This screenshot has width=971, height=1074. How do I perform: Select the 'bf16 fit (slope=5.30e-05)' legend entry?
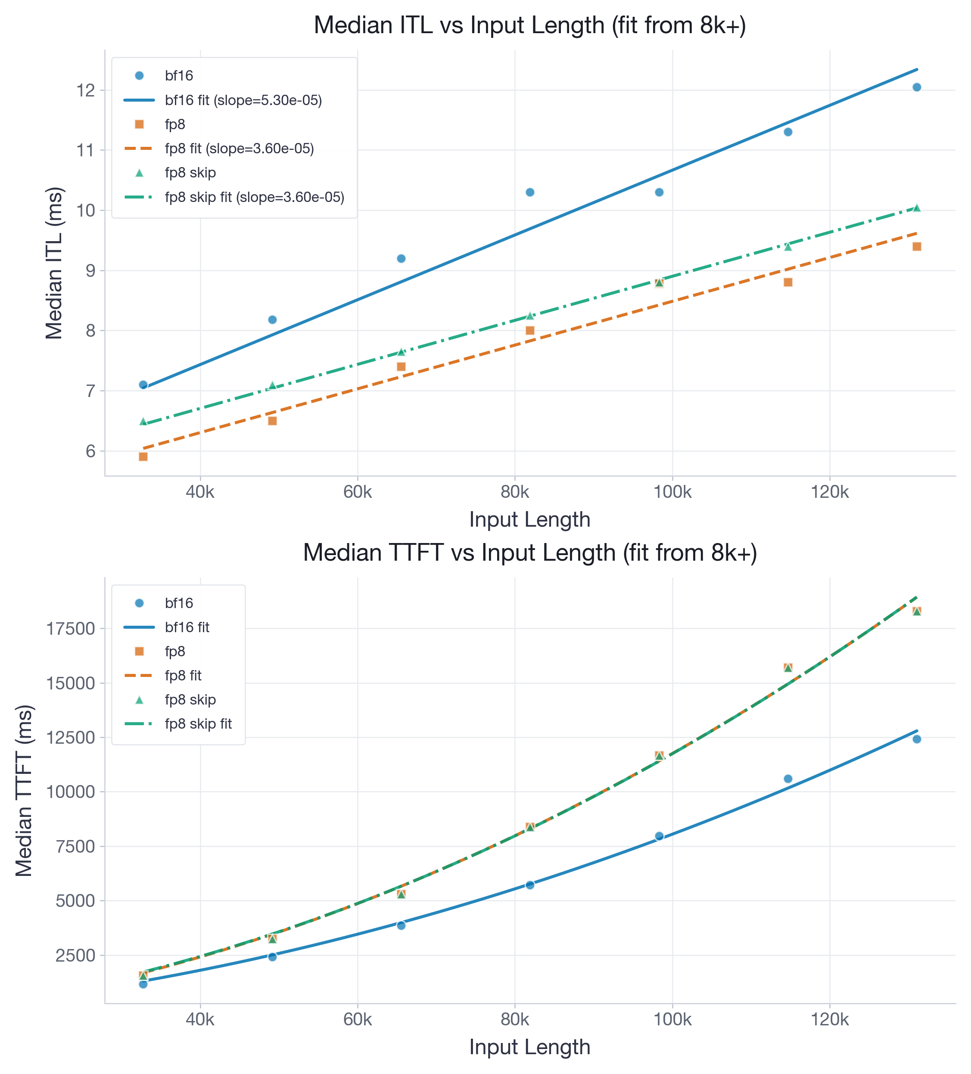tap(243, 100)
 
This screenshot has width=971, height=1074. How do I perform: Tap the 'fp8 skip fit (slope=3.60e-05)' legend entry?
tap(254, 197)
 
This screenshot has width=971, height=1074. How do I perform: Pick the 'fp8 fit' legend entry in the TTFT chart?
tap(183, 676)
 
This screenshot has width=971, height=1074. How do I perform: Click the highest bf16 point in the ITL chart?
tap(916, 87)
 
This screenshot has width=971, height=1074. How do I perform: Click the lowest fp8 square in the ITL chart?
tap(143, 456)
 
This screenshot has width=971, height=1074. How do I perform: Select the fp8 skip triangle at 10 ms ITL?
tap(916, 208)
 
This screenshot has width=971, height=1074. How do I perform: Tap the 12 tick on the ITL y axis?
tap(86, 90)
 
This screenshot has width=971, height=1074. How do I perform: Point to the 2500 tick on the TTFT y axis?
tap(75, 955)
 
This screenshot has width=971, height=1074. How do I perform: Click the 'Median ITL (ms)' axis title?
tap(54, 263)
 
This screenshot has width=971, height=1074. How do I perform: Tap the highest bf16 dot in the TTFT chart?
tap(916, 739)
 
